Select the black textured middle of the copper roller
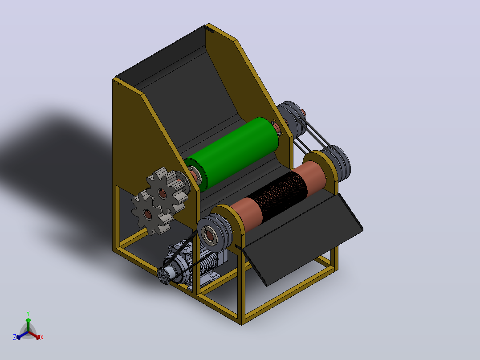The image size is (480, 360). [277, 196]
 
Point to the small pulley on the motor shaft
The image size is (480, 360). [165, 275]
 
